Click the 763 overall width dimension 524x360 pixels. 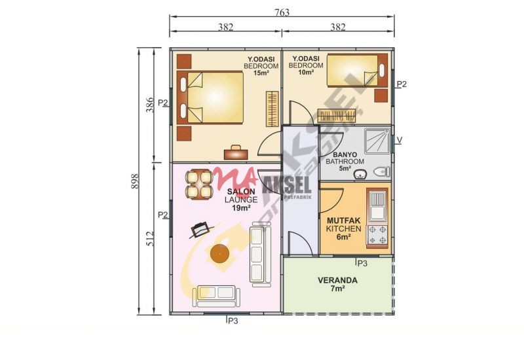click(x=282, y=12)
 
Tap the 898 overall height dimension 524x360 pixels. click(x=135, y=181)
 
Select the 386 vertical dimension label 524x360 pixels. click(x=150, y=105)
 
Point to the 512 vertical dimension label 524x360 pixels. click(x=150, y=239)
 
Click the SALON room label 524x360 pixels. click(x=241, y=192)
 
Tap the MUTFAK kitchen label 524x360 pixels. click(x=343, y=221)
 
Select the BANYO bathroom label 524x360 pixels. click(x=345, y=155)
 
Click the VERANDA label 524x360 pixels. click(x=337, y=280)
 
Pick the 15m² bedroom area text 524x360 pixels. click(x=261, y=73)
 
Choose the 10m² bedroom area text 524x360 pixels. click(x=306, y=72)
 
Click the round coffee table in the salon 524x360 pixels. click(x=219, y=253)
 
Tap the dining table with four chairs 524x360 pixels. click(x=200, y=185)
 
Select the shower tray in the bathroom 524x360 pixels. click(x=377, y=141)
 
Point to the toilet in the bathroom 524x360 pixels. click(x=382, y=172)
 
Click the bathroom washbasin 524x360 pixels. click(x=360, y=174)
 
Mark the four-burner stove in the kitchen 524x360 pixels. click(x=378, y=235)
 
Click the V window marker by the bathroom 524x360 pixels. click(x=399, y=140)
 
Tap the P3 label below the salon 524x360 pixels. click(x=233, y=321)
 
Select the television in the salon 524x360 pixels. click(x=201, y=230)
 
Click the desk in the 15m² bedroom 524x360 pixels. click(x=236, y=153)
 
